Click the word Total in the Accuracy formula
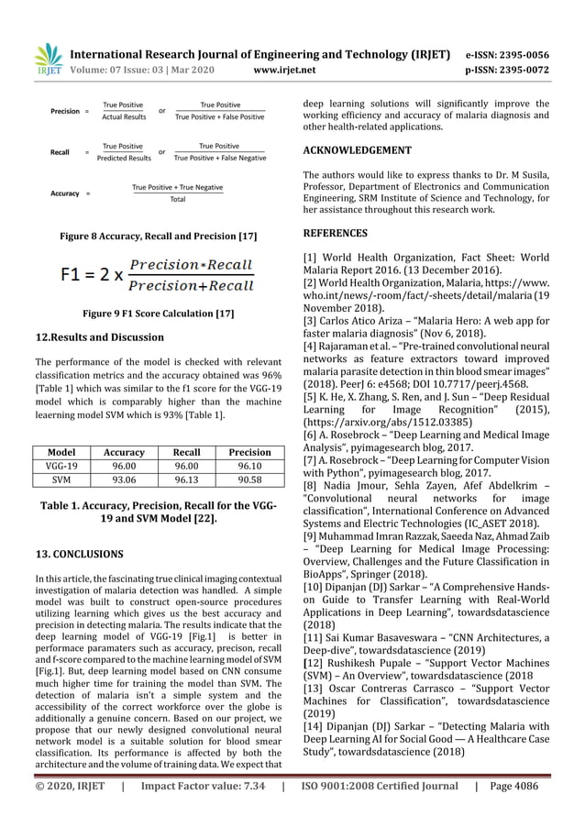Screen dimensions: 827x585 178,199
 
